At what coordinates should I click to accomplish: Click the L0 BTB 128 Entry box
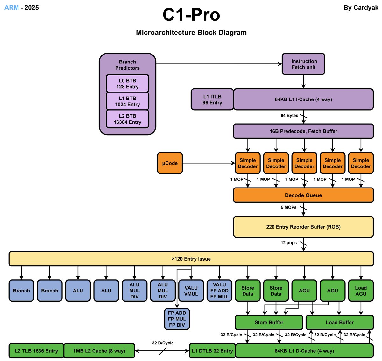(127, 83)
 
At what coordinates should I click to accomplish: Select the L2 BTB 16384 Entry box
(127, 119)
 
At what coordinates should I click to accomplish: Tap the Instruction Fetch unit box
(303, 64)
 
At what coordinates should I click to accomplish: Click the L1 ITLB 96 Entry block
(212, 99)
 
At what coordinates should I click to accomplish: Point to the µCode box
(170, 163)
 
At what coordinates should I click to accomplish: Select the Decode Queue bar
(303, 195)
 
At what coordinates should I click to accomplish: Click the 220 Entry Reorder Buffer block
(303, 227)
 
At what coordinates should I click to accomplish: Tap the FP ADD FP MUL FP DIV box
(177, 319)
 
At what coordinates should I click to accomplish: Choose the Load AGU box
(361, 291)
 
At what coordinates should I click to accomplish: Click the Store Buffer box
(269, 322)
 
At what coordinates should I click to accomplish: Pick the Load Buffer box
(339, 322)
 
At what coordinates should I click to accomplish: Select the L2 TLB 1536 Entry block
(36, 351)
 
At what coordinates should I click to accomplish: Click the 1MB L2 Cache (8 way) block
(99, 351)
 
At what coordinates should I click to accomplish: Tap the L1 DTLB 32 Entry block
(212, 351)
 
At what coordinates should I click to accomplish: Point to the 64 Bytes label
(289, 115)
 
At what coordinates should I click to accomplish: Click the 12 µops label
(288, 243)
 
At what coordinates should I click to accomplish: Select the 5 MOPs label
(288, 207)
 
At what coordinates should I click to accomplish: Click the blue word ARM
(11, 8)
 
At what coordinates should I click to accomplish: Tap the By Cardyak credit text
(361, 8)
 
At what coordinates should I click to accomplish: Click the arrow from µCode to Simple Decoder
(209, 163)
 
